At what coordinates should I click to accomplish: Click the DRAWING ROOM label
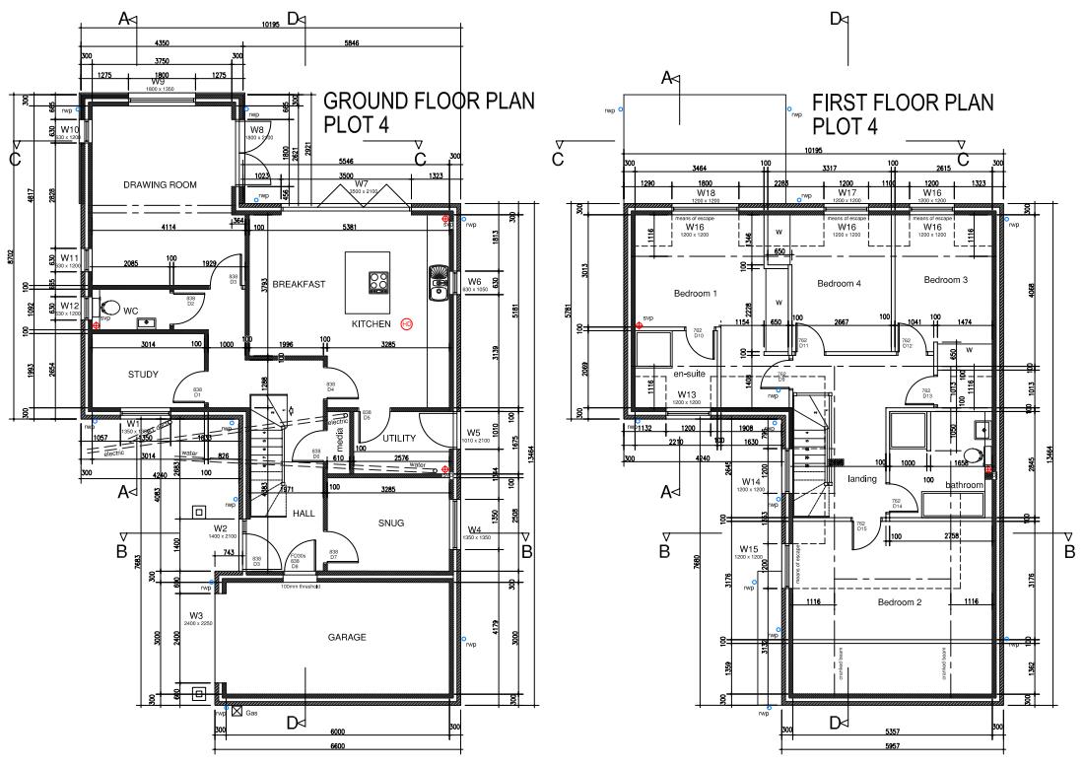[x=160, y=184]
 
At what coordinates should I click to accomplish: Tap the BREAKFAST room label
[x=299, y=283]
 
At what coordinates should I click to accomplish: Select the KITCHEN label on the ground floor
[x=372, y=323]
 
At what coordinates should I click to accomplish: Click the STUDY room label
[x=143, y=375]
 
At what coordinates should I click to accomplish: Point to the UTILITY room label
[x=400, y=438]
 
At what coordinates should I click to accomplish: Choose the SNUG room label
[x=390, y=523]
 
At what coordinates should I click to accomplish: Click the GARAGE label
[x=347, y=638]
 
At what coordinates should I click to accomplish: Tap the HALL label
[x=303, y=514]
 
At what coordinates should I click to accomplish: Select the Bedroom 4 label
[x=839, y=284]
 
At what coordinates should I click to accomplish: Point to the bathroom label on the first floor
[x=964, y=485]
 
